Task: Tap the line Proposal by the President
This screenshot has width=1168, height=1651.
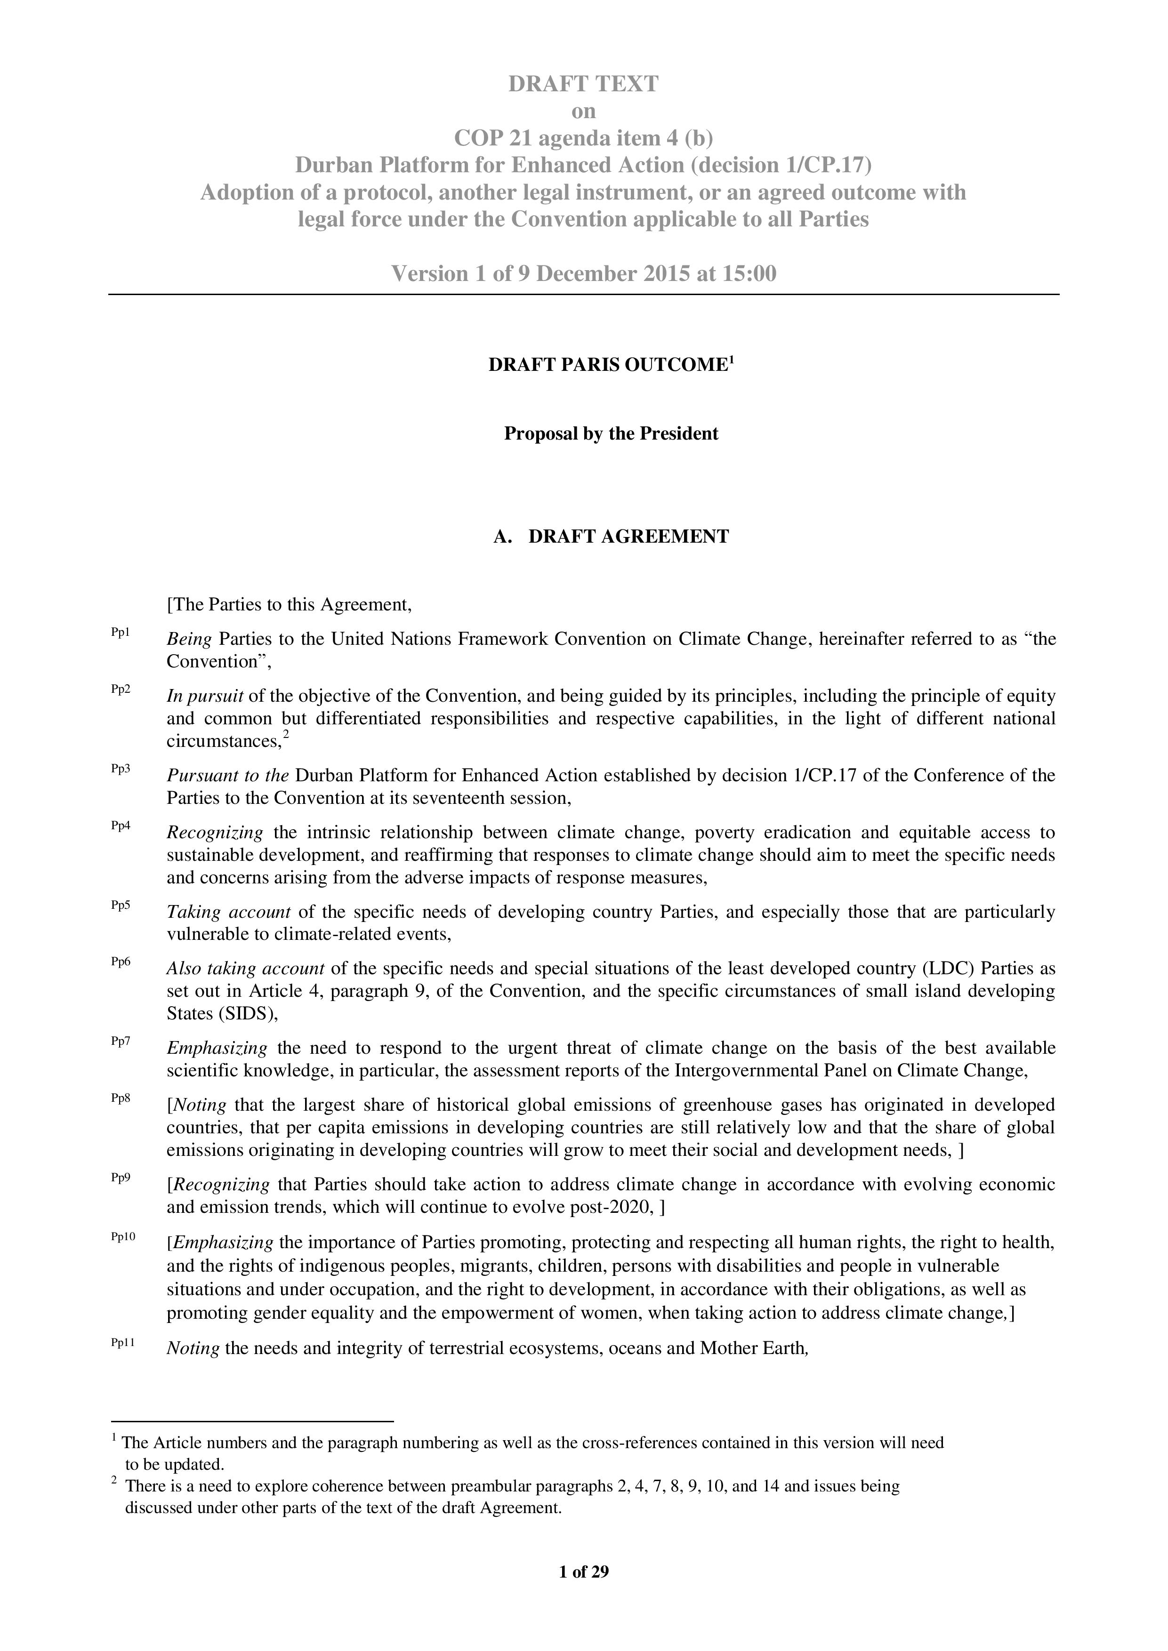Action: click(x=611, y=434)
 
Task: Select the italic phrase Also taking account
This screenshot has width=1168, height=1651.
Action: click(x=245, y=969)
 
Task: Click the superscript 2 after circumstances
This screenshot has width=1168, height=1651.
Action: click(x=286, y=735)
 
